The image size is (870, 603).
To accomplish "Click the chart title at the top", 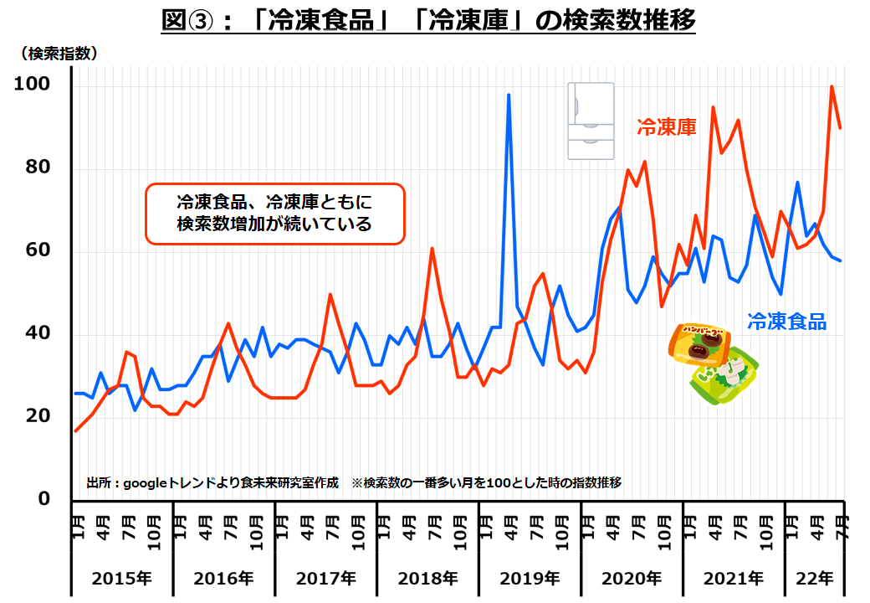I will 427,20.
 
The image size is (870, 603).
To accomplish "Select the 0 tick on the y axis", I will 43,499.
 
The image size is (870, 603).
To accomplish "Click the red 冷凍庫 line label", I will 667,127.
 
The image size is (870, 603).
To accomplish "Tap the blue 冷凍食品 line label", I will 786,321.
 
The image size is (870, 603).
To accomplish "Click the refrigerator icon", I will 591,121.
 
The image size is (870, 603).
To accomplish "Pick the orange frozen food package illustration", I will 699,343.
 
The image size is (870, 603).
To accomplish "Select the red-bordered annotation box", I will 274,214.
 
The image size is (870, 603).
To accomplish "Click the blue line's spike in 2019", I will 509,95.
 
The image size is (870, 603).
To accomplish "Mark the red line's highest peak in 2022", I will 832,86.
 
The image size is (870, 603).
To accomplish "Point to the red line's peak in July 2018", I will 432,249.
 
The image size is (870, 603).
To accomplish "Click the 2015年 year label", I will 122,578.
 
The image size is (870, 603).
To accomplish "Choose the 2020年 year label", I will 632,578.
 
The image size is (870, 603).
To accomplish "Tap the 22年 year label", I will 814,578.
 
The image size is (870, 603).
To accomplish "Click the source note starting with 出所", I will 212,483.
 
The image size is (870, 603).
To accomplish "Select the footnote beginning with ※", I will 486,483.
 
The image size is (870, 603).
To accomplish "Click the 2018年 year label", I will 427,578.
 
